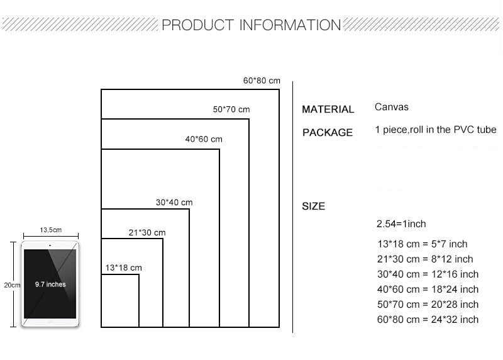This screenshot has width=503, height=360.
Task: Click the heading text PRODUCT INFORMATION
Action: click(x=251, y=25)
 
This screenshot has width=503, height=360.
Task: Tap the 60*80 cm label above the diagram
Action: click(x=262, y=81)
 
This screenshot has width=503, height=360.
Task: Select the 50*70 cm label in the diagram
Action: click(x=231, y=109)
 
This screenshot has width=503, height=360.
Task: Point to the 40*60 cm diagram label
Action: click(x=204, y=139)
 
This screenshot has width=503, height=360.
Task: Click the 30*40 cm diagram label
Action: click(x=174, y=202)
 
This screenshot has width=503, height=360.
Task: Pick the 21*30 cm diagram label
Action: click(x=147, y=232)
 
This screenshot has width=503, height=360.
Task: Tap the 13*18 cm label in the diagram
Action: click(x=123, y=267)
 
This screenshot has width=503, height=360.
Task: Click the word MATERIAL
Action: click(x=328, y=109)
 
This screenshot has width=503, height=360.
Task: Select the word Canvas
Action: click(x=391, y=107)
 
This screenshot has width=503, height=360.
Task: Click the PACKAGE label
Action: click(x=328, y=132)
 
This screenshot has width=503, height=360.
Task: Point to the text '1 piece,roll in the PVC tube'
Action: click(x=436, y=130)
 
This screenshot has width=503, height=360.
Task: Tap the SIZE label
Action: click(x=313, y=206)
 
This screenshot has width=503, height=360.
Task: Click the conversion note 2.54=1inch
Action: click(x=401, y=224)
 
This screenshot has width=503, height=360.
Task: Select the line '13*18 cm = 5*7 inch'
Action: click(x=422, y=244)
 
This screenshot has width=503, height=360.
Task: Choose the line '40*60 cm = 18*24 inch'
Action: click(x=428, y=290)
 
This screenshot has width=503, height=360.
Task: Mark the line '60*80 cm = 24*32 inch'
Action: click(x=428, y=320)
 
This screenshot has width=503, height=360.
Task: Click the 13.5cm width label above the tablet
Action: click(x=51, y=230)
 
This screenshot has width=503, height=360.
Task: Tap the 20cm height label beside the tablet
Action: click(x=12, y=285)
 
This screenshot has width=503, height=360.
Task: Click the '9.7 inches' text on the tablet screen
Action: click(x=50, y=284)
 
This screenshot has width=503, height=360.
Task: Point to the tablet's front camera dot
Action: click(x=50, y=245)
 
